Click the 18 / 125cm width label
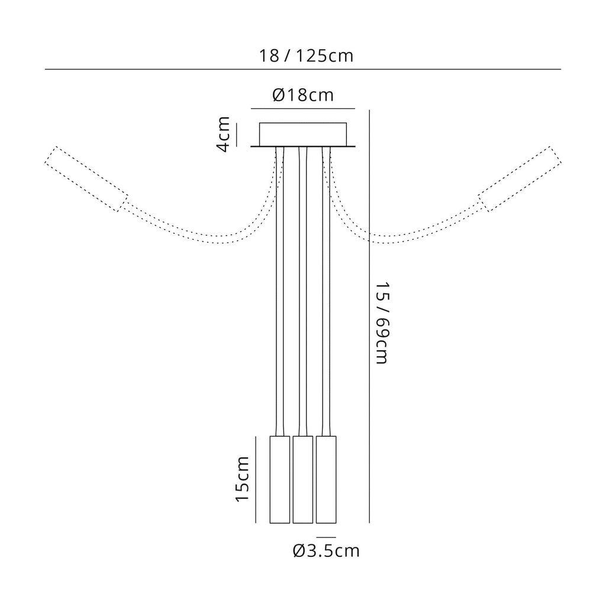306,56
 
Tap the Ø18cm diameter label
303,95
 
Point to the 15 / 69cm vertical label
382,323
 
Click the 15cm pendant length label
242,479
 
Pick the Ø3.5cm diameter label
326,551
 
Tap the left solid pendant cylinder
280,479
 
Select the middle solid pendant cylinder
303,479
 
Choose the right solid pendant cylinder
326,479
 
